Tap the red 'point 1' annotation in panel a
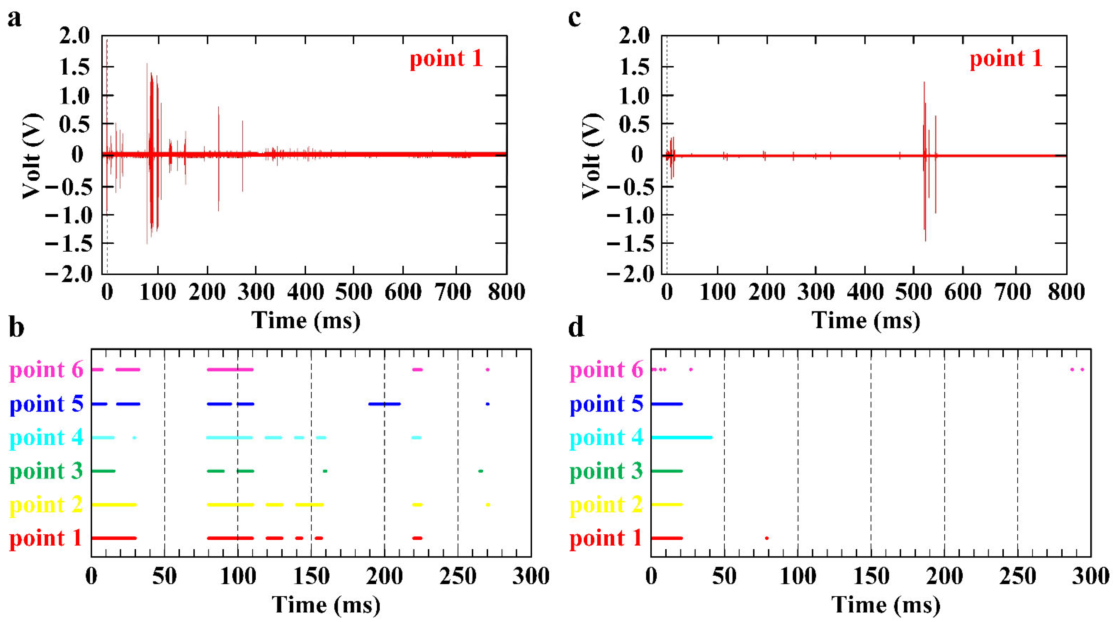[446, 59]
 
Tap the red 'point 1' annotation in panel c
[1005, 59]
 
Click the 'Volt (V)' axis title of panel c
[592, 156]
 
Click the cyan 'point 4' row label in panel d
[606, 437]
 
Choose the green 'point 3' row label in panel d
[606, 471]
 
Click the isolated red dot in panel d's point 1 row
[767, 538]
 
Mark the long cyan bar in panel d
[682, 437]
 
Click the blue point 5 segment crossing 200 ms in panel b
[384, 404]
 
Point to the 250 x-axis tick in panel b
[457, 576]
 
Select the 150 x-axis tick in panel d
[871, 576]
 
